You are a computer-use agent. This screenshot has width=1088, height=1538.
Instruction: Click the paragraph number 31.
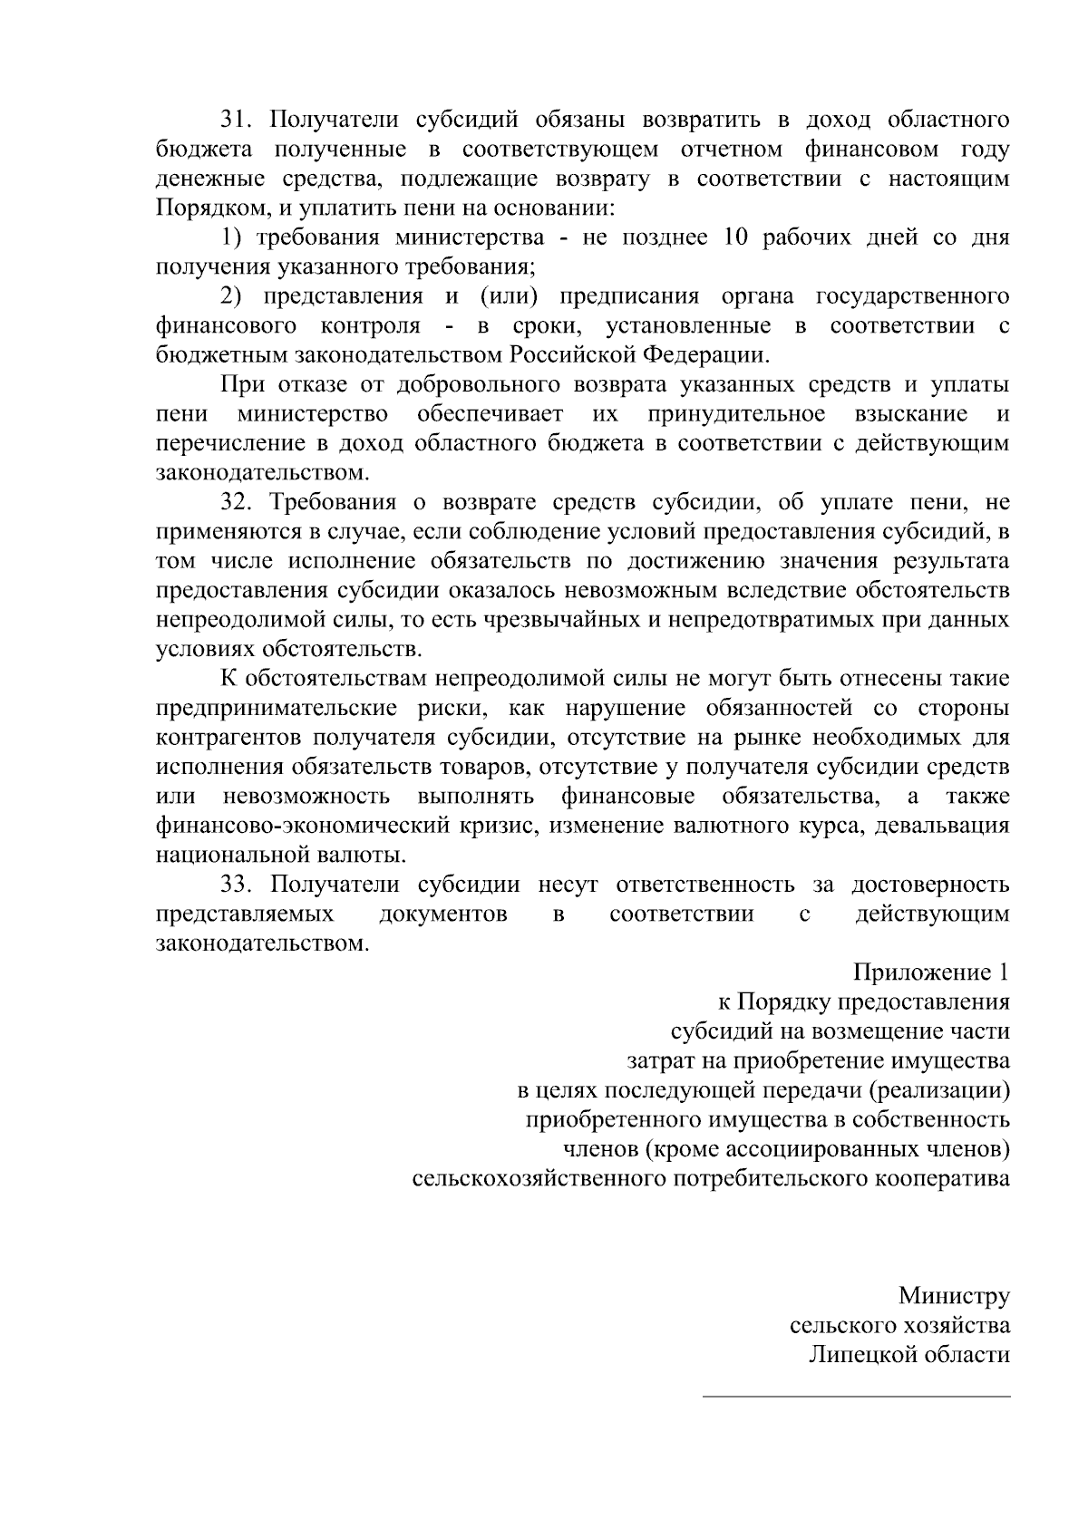pyautogui.click(x=239, y=120)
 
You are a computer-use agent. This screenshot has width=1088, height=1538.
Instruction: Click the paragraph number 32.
pyautogui.click(x=239, y=503)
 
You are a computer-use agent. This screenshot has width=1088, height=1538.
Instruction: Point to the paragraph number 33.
pyautogui.click(x=239, y=885)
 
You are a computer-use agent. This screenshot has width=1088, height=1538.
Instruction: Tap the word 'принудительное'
pyautogui.click(x=736, y=414)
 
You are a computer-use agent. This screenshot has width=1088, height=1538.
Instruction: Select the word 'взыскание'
pyautogui.click(x=911, y=414)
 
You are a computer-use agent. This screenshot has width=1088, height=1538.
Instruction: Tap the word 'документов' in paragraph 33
pyautogui.click(x=443, y=914)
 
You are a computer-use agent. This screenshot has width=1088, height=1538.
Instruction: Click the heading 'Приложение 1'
pyautogui.click(x=930, y=973)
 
